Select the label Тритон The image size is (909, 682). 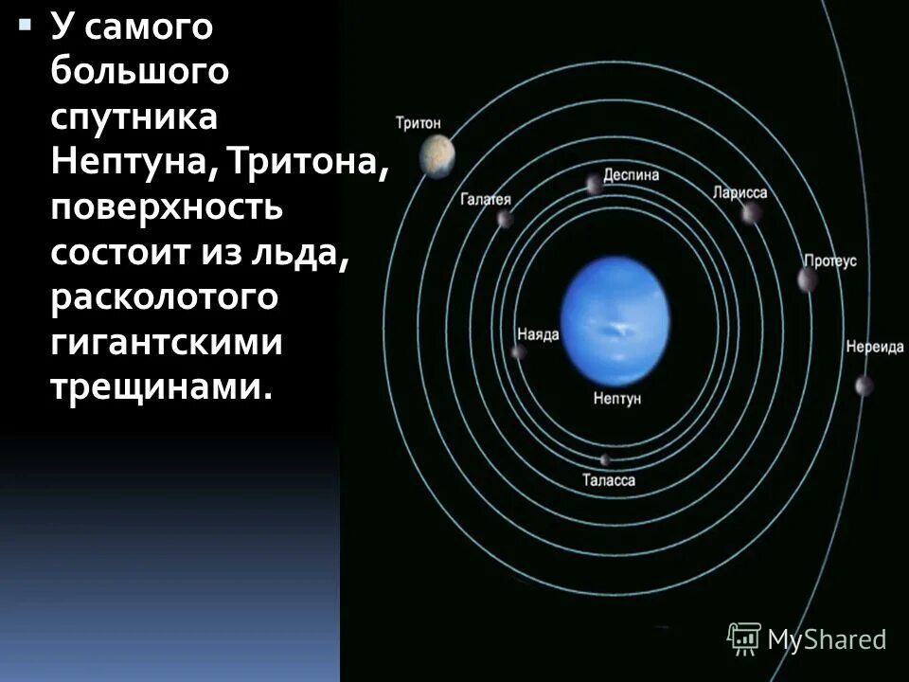(418, 122)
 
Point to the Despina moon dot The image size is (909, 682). (594, 184)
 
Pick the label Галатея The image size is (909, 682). (486, 199)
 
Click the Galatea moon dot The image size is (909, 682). (505, 220)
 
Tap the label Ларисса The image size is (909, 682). (740, 192)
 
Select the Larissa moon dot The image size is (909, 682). (751, 213)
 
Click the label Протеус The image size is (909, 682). (829, 260)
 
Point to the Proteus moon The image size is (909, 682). (808, 279)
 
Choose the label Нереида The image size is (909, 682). (875, 347)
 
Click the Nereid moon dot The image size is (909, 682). (864, 386)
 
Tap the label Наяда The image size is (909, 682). (538, 334)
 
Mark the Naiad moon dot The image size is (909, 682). (519, 352)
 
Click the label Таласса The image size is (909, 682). (609, 481)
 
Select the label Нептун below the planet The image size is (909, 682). (617, 399)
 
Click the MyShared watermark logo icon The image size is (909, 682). (744, 638)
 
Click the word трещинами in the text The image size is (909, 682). (151, 386)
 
